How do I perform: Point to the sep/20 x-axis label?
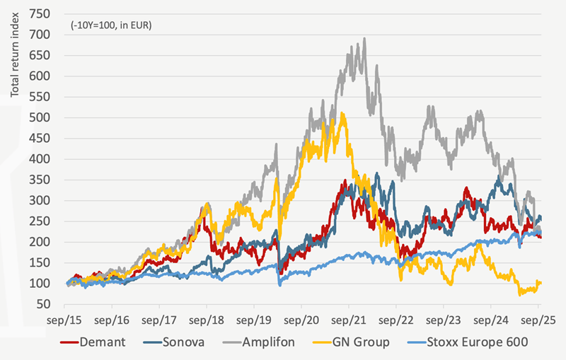(x=302, y=320)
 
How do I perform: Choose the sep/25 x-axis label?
(x=538, y=320)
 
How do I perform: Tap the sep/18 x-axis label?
(x=207, y=320)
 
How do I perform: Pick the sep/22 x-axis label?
(x=396, y=320)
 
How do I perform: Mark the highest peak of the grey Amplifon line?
(x=364, y=39)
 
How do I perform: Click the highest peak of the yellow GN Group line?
(x=342, y=112)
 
